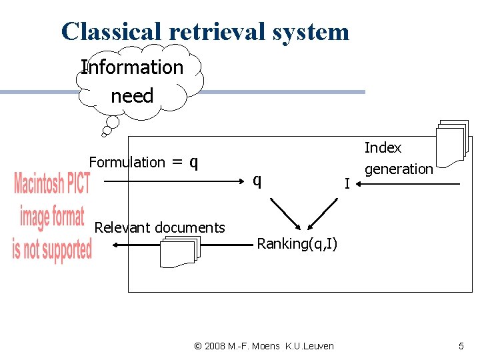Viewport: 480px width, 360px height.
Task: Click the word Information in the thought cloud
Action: tap(132, 67)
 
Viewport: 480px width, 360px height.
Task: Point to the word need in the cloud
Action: tap(132, 96)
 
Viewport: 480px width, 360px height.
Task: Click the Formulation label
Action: tap(127, 162)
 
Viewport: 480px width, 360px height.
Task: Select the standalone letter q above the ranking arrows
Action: tap(257, 180)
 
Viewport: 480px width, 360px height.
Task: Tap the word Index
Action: tap(383, 147)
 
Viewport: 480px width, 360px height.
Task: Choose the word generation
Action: tap(399, 169)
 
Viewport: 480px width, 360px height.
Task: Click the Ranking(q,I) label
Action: tap(297, 244)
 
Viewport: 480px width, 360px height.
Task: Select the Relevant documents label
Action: tap(160, 227)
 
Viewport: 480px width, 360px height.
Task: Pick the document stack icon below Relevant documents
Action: tap(180, 252)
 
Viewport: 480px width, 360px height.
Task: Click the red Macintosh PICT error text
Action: tap(52, 217)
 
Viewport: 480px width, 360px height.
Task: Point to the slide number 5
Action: tap(461, 345)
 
